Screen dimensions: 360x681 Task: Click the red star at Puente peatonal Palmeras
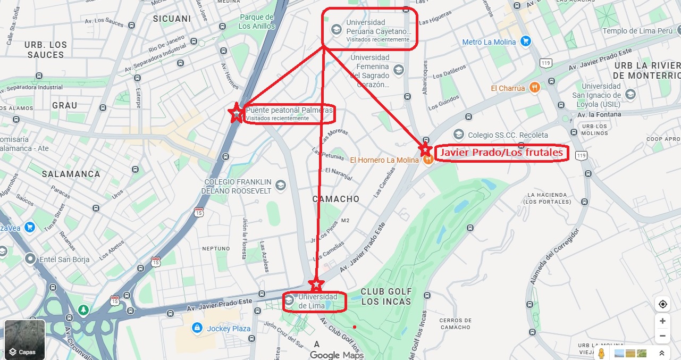pyautogui.click(x=236, y=113)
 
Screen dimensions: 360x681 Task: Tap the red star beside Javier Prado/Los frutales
pyautogui.click(x=425, y=149)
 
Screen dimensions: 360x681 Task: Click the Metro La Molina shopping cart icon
pyautogui.click(x=526, y=41)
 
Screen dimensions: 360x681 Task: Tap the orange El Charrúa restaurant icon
pyautogui.click(x=535, y=88)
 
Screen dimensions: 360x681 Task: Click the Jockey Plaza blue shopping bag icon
pyautogui.click(x=197, y=328)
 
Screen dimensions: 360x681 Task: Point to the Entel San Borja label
pyautogui.click(x=65, y=259)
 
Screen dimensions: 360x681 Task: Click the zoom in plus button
pyautogui.click(x=662, y=321)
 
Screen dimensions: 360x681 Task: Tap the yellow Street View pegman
pyautogui.click(x=601, y=353)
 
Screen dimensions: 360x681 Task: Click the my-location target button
pyautogui.click(x=662, y=304)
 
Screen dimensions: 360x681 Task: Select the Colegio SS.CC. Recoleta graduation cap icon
pyautogui.click(x=458, y=135)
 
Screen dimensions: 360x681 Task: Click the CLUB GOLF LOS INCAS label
pyautogui.click(x=386, y=296)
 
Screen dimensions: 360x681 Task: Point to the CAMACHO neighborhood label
pyautogui.click(x=335, y=199)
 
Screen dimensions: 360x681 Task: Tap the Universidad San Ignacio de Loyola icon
pyautogui.click(x=630, y=94)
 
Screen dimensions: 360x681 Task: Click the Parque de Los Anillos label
pyautogui.click(x=256, y=22)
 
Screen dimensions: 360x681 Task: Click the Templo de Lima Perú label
pyautogui.click(x=637, y=31)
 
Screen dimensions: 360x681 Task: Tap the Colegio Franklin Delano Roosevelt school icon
pyautogui.click(x=281, y=185)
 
